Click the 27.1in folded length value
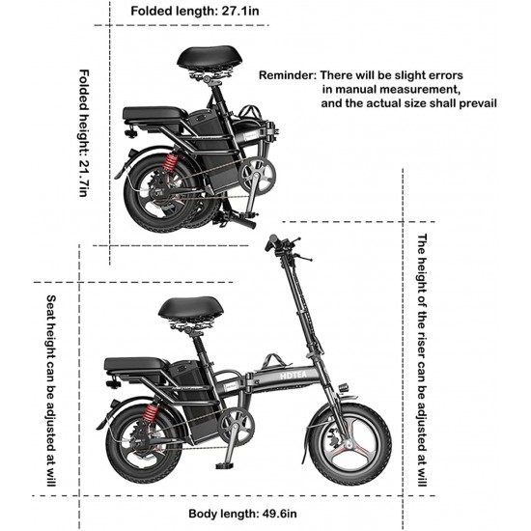coord(240,11)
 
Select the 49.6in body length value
coord(279,514)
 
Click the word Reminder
coord(287,75)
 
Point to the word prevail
coord(478,103)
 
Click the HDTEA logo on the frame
coord(293,375)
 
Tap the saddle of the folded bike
coord(210,57)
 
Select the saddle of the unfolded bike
coord(191,308)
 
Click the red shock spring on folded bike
coord(170,162)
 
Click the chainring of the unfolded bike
coord(236,426)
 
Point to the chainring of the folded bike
coord(257,176)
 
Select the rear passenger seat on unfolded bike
coord(136,364)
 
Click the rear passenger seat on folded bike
coord(155,114)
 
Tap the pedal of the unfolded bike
coord(224,466)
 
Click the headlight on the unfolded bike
coord(344,388)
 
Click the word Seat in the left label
coord(51,306)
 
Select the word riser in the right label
coord(422,344)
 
